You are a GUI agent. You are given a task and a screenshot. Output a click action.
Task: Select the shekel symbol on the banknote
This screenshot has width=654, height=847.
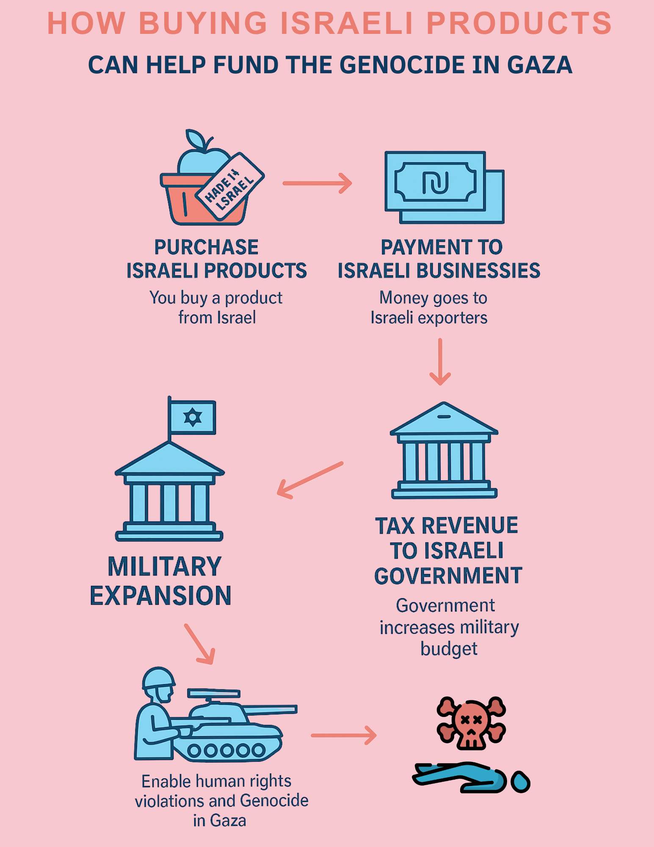435,183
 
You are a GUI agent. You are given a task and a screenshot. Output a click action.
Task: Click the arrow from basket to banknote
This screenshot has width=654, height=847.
317,183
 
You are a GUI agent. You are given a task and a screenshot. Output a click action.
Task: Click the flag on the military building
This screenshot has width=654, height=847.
192,418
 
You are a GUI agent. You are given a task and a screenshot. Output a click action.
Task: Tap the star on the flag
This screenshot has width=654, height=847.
193,418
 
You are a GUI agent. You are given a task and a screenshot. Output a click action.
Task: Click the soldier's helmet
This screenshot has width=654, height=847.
158,678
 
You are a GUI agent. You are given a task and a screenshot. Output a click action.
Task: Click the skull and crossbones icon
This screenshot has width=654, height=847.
471,722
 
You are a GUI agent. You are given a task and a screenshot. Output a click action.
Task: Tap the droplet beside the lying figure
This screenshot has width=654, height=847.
520,781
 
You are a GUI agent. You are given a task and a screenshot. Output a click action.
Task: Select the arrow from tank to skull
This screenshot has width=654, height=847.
343,735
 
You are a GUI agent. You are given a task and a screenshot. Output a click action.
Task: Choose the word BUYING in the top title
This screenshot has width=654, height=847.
203,23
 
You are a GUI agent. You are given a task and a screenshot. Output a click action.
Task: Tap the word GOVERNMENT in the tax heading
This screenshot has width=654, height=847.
448,576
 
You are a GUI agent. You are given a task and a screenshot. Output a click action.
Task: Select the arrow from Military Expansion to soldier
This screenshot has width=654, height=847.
199,644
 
